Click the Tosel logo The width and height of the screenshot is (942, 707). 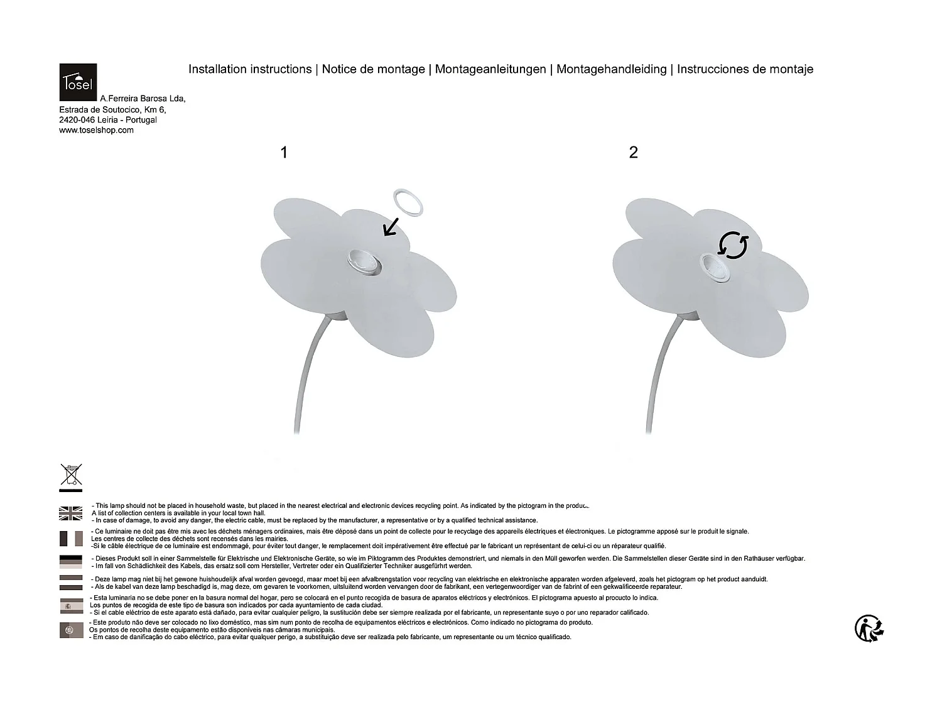(x=78, y=82)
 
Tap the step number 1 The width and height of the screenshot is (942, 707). (x=284, y=153)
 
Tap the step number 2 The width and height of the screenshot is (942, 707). (x=633, y=153)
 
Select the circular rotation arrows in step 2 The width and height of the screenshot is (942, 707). (x=734, y=245)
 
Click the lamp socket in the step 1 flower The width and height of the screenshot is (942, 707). (x=362, y=261)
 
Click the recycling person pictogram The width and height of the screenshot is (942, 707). (x=870, y=628)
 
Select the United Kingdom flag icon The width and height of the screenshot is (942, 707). (x=71, y=513)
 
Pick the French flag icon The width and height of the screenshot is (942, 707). (x=71, y=539)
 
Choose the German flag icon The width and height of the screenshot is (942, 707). (x=71, y=561)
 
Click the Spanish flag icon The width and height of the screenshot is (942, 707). (x=71, y=606)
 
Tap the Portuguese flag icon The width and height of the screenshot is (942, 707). (x=71, y=630)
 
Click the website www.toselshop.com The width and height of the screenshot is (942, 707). (x=96, y=131)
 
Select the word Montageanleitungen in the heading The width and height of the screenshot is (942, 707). (x=490, y=69)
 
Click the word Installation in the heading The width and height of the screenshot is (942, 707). (x=218, y=69)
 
